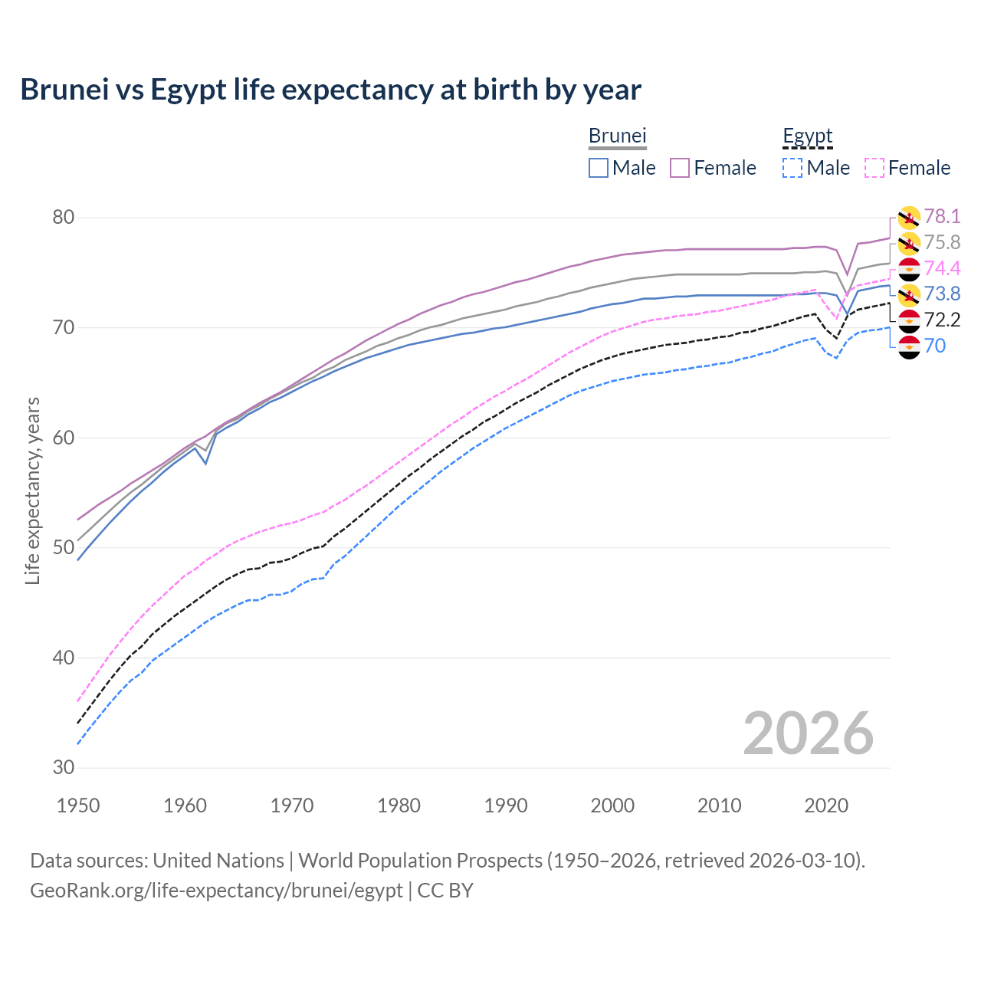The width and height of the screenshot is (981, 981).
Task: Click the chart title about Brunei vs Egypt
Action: click(330, 90)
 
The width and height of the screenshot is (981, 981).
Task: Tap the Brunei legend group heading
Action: click(617, 136)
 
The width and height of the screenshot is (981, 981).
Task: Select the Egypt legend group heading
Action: click(807, 136)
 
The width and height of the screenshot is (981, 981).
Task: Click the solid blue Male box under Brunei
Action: click(599, 168)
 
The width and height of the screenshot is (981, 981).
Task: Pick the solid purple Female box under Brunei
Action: click(680, 168)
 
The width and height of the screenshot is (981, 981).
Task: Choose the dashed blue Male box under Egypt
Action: click(792, 168)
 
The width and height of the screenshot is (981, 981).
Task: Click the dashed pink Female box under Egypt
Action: click(874, 168)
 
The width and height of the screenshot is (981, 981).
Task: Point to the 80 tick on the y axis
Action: click(63, 218)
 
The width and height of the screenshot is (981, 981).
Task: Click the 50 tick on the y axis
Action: click(63, 548)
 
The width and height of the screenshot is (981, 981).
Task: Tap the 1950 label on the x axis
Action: click(78, 805)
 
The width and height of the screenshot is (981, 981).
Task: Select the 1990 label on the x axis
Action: click(506, 805)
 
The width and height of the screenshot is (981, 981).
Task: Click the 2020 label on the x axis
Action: click(826, 805)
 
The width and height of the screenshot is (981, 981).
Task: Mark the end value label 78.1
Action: click(942, 217)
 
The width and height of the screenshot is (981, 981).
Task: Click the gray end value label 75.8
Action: click(942, 243)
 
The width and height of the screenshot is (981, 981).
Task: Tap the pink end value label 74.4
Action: click(942, 268)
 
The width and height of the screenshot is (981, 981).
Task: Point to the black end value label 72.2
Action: click(942, 320)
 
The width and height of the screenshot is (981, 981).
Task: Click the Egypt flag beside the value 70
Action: click(909, 346)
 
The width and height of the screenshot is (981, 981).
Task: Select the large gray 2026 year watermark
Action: click(808, 733)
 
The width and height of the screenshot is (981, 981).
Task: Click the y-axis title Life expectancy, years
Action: click(33, 490)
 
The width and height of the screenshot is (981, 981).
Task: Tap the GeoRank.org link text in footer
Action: click(216, 891)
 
